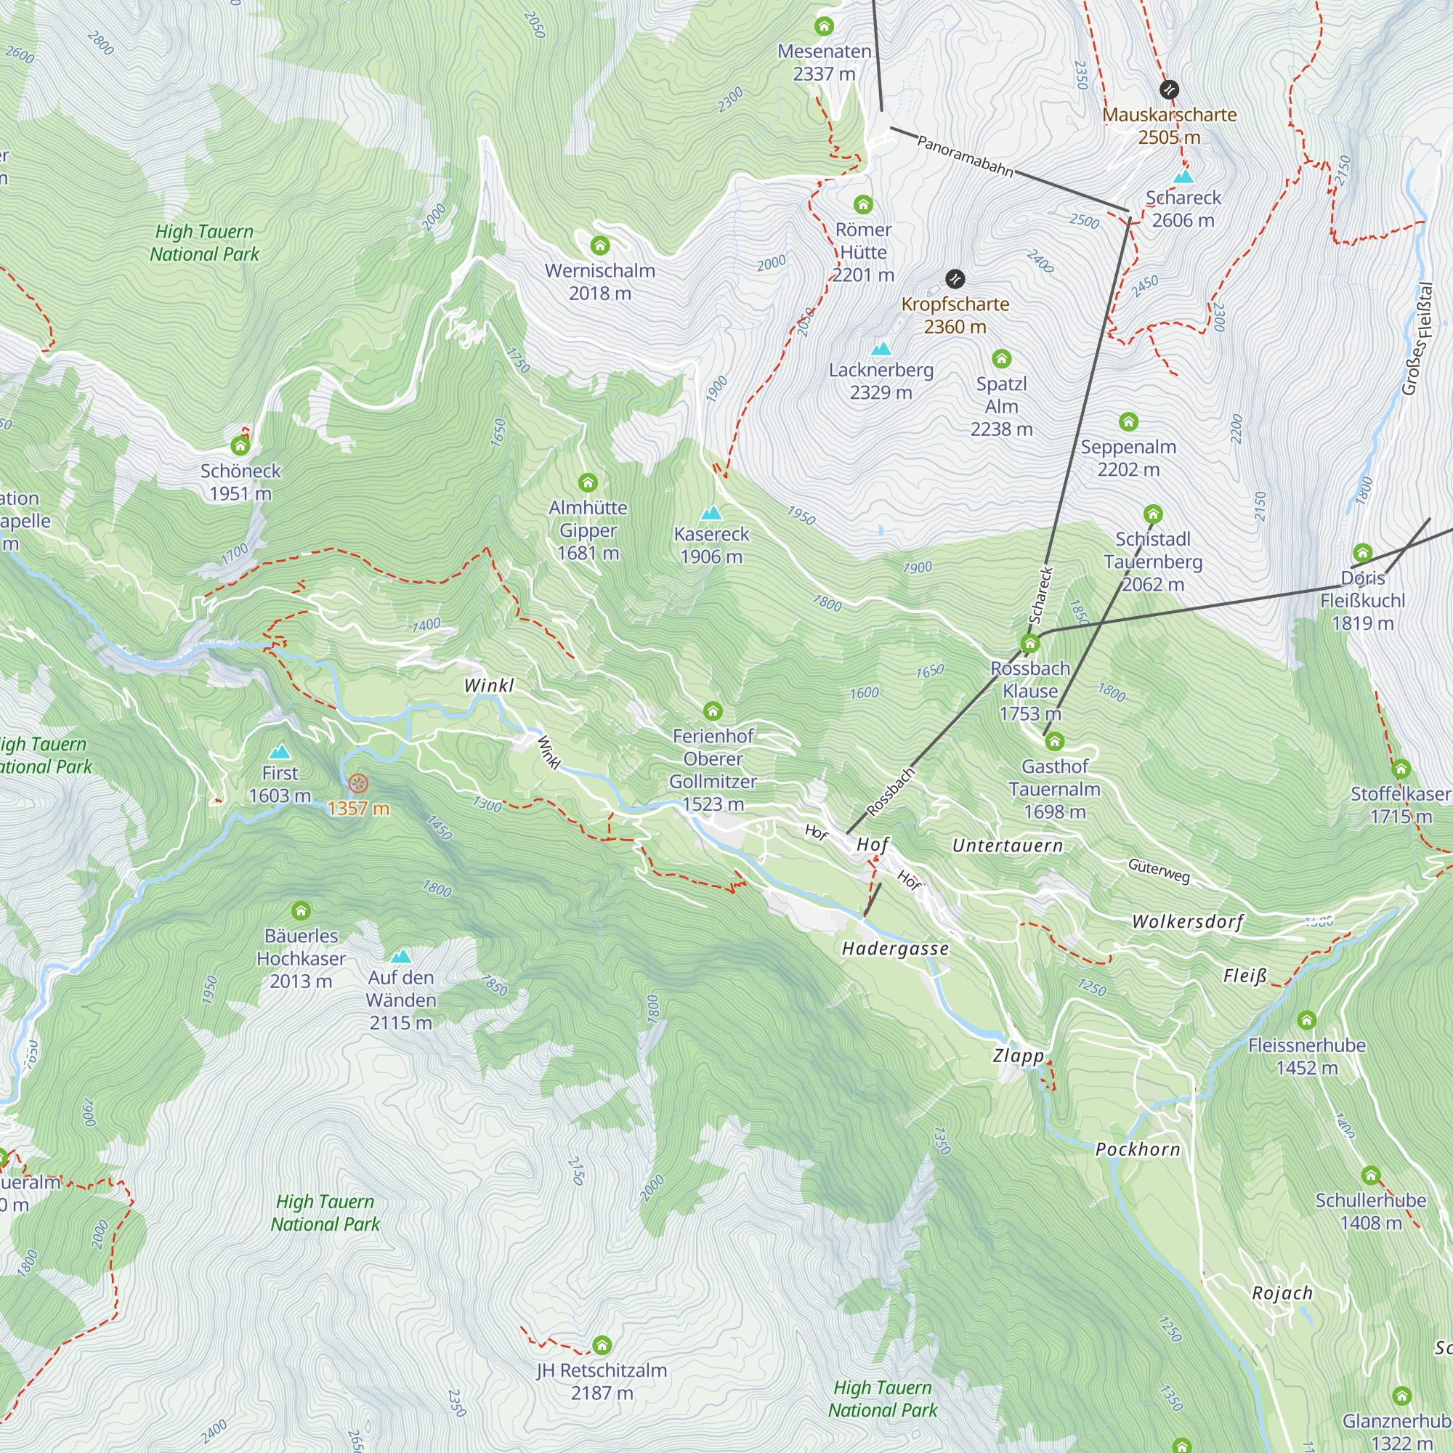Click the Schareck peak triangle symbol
(1183, 177)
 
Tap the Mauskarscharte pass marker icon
(1169, 90)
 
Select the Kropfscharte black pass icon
(955, 279)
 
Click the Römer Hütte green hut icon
(863, 205)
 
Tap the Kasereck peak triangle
(711, 514)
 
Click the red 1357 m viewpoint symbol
(359, 784)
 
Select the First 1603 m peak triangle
(280, 752)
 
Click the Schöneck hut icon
(240, 447)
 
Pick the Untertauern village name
(1008, 846)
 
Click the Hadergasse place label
(895, 949)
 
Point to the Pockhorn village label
(1138, 1150)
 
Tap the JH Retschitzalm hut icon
(602, 1345)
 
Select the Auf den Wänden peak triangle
(401, 957)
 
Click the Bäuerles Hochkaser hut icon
(301, 912)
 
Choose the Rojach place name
(1282, 1294)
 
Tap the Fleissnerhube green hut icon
(1307, 1021)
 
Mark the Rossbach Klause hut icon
(1030, 644)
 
